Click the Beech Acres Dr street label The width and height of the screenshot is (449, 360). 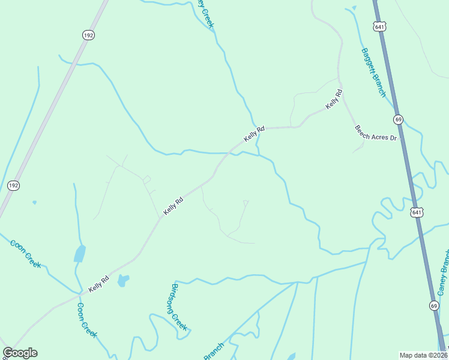[x=376, y=133]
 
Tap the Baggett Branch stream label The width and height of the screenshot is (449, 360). [x=373, y=72]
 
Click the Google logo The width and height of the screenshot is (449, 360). [x=20, y=353]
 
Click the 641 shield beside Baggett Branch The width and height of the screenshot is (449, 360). [x=379, y=27]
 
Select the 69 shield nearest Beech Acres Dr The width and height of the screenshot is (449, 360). [x=398, y=119]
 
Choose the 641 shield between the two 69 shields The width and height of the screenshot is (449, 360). [x=417, y=212]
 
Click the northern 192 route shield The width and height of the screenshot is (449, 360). [x=88, y=35]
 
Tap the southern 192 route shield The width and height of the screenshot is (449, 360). [x=13, y=186]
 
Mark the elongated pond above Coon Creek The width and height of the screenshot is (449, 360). [x=79, y=254]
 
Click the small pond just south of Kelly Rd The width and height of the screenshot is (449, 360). [x=123, y=280]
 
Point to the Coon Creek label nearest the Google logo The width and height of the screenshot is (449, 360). [x=87, y=320]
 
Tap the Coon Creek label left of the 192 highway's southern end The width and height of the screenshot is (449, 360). [x=25, y=254]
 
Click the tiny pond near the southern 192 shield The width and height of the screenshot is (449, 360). [x=34, y=202]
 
